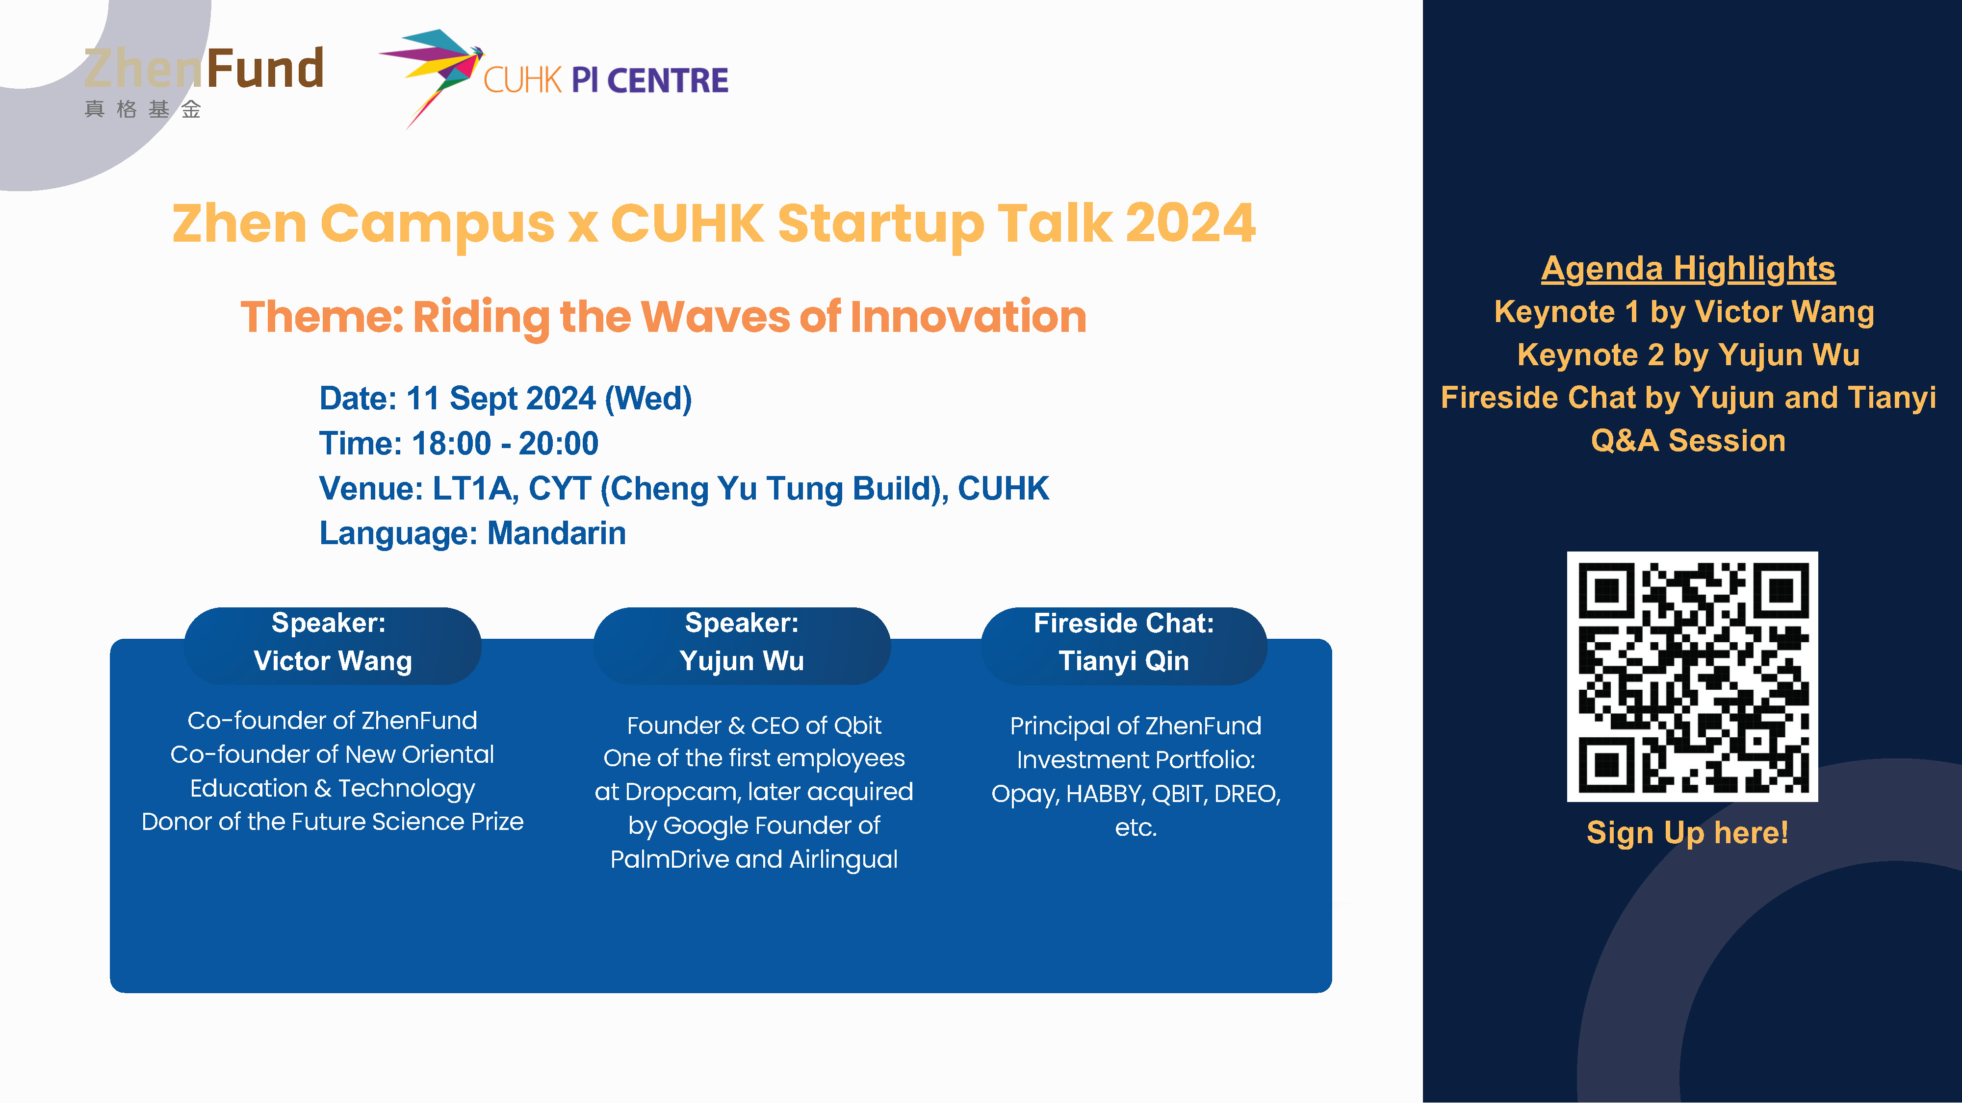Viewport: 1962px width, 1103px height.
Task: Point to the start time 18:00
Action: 451,443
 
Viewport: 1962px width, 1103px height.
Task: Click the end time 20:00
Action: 558,443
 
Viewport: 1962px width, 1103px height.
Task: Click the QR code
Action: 1692,676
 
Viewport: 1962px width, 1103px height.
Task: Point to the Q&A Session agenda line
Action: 1688,441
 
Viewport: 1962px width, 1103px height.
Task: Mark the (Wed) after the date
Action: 648,399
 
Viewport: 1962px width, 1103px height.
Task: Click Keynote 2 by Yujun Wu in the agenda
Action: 1688,355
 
